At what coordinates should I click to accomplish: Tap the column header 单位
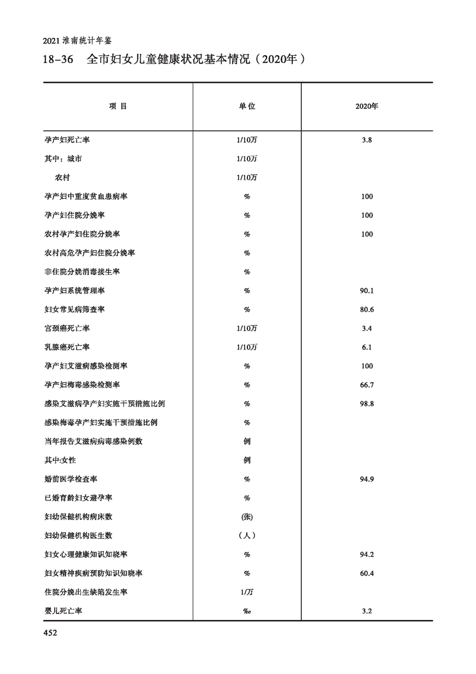[247, 106]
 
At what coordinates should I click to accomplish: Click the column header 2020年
[367, 106]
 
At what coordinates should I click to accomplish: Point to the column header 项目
[118, 106]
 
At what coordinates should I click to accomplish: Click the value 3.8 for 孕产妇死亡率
[367, 140]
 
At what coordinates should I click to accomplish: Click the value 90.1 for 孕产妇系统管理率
[367, 291]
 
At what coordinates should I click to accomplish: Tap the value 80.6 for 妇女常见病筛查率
[367, 309]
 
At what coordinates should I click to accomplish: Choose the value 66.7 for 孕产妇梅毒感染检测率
[367, 385]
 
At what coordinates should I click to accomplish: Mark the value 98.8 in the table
[367, 404]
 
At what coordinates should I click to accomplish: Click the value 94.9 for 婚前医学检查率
[367, 479]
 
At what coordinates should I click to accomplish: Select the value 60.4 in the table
[367, 574]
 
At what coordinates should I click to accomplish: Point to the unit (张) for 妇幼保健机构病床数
[247, 517]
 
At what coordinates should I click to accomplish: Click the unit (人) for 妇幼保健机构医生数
[247, 536]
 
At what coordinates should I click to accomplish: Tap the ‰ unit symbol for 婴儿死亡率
[247, 611]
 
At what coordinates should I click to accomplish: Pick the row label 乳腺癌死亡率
[67, 347]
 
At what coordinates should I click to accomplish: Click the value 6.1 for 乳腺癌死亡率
[367, 347]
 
